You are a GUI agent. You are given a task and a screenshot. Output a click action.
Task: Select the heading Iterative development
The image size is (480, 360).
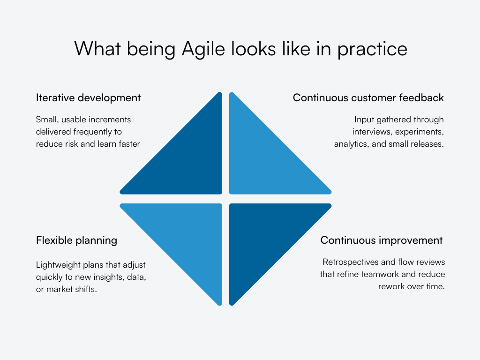click(x=88, y=98)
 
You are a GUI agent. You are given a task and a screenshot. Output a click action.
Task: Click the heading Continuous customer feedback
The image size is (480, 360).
click(x=368, y=98)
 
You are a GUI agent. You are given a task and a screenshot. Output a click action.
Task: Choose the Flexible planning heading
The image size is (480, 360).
click(x=76, y=240)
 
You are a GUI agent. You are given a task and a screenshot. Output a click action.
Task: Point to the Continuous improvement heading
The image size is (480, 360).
click(x=381, y=240)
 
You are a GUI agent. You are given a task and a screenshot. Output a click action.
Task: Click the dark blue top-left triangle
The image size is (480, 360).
click(x=187, y=159)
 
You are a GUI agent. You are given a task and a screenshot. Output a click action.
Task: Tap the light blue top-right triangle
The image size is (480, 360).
click(x=262, y=159)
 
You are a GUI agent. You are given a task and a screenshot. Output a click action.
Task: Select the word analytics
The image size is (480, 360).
click(x=351, y=144)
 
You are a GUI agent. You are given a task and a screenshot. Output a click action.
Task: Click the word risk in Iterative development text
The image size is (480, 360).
click(x=69, y=144)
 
